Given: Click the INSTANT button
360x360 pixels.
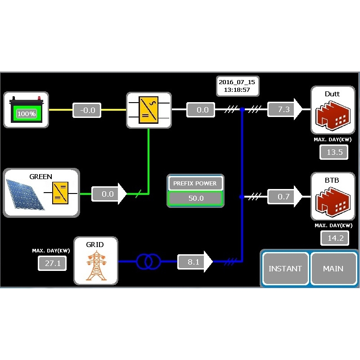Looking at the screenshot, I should click(x=285, y=269).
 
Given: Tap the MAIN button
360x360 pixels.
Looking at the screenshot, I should click(x=333, y=269).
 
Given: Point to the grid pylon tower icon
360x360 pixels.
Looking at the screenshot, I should click(x=95, y=266).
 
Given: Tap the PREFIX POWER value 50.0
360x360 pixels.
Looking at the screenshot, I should click(x=195, y=198).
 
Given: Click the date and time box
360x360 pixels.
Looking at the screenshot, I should click(x=237, y=86).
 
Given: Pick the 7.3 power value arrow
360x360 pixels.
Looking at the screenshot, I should click(x=284, y=109).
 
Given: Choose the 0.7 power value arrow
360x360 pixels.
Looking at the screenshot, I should click(x=284, y=197).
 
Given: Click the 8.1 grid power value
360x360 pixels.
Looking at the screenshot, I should click(x=193, y=261).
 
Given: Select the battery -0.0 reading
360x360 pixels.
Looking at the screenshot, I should click(x=87, y=110).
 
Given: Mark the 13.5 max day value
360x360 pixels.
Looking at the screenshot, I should click(x=334, y=152).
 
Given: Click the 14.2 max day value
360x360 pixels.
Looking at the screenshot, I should click(x=335, y=238).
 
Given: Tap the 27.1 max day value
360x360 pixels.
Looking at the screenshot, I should click(x=52, y=263).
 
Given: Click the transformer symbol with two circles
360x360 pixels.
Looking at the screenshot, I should click(x=148, y=261).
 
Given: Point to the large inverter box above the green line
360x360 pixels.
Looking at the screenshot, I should click(x=149, y=110).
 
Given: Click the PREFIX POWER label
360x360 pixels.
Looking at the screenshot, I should click(x=195, y=184).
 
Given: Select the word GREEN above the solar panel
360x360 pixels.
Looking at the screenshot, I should click(x=40, y=177).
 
